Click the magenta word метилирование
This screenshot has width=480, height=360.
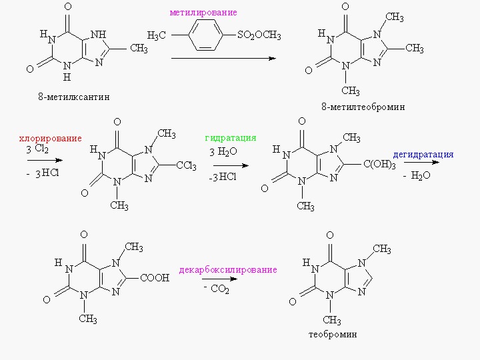[203, 13]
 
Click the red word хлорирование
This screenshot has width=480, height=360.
[50, 139]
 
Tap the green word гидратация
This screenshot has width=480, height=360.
[231, 138]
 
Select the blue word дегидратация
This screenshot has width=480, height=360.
[423, 155]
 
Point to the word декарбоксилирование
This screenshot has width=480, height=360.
[227, 270]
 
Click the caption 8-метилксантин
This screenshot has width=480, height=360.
[73, 97]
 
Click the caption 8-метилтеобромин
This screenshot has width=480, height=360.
[363, 107]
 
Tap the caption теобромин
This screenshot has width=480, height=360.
[333, 334]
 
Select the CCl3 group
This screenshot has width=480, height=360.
[185, 166]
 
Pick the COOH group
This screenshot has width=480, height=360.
[155, 277]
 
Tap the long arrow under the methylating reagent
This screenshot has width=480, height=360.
[223, 59]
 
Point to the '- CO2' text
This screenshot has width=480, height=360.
[216, 289]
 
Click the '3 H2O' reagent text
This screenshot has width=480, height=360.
[221, 151]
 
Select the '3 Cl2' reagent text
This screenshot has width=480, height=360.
[37, 150]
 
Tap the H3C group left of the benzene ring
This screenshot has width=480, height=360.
[157, 35]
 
